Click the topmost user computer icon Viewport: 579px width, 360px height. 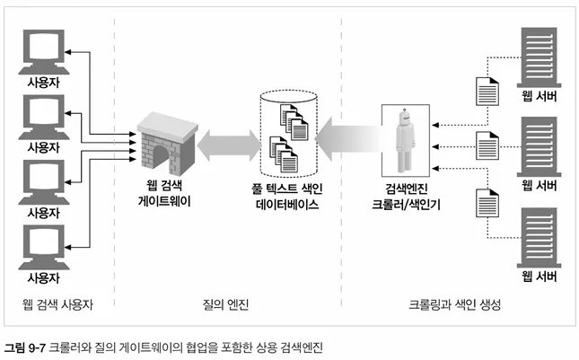click(x=44, y=52)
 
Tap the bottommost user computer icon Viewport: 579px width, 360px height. click(x=44, y=247)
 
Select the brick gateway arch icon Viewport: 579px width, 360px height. click(x=167, y=144)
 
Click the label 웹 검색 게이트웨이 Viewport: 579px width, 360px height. click(x=164, y=193)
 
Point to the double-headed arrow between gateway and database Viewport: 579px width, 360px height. click(x=229, y=145)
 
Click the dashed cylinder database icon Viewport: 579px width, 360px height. click(x=288, y=133)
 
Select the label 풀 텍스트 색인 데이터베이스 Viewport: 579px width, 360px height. click(x=287, y=196)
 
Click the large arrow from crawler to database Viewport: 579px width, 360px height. click(x=348, y=138)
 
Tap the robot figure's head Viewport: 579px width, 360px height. click(x=405, y=118)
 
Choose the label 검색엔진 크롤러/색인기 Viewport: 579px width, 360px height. click(x=406, y=196)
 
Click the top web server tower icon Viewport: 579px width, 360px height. click(x=539, y=57)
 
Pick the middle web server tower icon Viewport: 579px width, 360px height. click(x=539, y=146)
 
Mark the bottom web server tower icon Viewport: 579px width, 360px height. click(x=539, y=237)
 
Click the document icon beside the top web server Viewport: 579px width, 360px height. click(x=487, y=92)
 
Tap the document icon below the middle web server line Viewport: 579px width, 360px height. click(x=487, y=203)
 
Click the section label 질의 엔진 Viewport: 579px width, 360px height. click(x=225, y=304)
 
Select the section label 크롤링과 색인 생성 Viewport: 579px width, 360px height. click(x=454, y=304)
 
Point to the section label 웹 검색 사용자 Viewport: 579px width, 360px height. click(x=57, y=304)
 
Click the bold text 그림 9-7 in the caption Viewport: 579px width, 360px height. click(x=25, y=347)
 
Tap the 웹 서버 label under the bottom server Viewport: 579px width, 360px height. click(x=540, y=277)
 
